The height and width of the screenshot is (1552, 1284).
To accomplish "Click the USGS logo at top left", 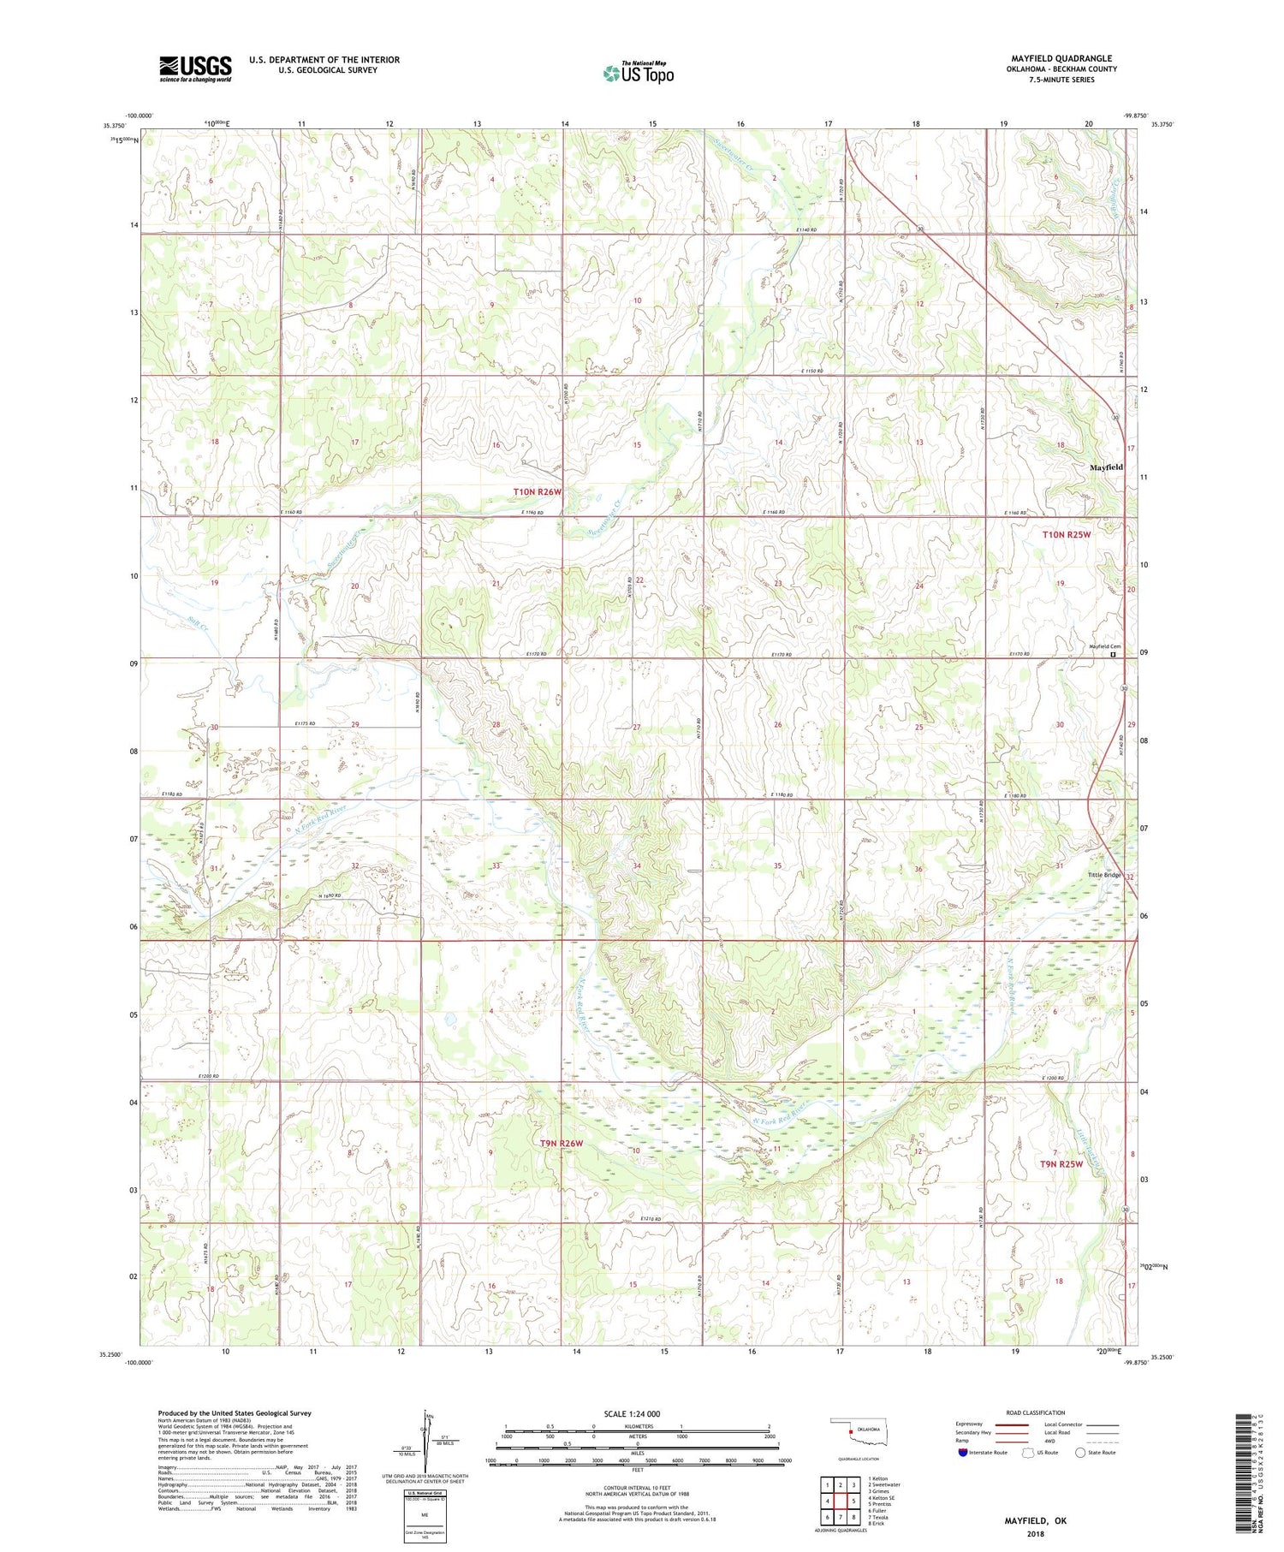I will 195,68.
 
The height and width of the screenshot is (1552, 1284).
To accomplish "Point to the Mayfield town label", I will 1106,467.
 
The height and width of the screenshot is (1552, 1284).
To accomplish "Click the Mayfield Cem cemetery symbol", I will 1113,654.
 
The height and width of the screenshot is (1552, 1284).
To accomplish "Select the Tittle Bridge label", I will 1104,875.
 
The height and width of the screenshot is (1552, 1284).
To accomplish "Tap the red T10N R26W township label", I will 538,491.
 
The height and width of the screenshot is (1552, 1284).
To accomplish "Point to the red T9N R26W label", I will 562,1143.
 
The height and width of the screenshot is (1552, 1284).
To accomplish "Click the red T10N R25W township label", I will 1067,534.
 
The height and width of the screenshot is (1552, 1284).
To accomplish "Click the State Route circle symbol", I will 1081,1453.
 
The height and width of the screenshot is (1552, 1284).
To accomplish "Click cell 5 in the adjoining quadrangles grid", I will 853,1501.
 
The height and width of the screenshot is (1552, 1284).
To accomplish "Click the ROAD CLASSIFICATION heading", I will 1036,1413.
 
